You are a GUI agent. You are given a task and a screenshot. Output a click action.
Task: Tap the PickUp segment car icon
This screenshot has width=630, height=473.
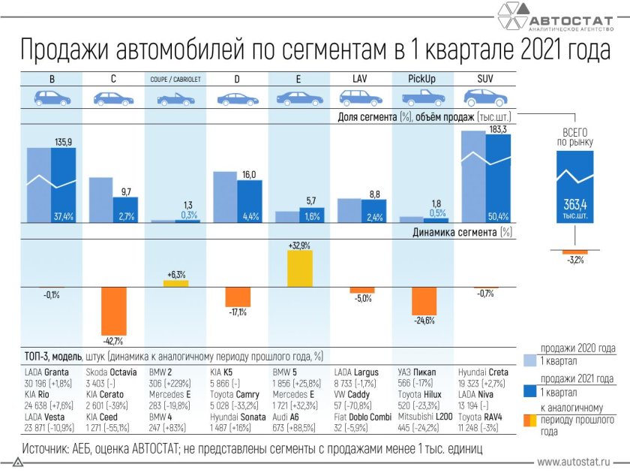click(x=421, y=98)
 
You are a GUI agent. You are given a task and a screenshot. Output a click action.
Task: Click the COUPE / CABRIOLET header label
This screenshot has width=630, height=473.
click(x=175, y=79)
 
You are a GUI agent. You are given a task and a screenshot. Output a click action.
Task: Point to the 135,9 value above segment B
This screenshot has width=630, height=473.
click(x=64, y=142)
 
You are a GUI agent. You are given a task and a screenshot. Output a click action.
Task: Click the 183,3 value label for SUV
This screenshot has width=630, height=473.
click(x=499, y=129)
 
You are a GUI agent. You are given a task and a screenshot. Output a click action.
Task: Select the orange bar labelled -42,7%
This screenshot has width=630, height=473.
click(x=114, y=311)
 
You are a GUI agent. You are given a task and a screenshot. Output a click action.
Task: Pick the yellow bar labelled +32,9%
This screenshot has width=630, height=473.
click(x=300, y=268)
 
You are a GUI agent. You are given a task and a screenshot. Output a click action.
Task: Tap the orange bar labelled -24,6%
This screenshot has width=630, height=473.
click(x=424, y=300)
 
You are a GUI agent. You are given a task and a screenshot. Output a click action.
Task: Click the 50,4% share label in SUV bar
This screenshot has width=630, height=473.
click(x=498, y=217)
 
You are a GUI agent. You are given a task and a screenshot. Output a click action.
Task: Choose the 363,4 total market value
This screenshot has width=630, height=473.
click(x=574, y=203)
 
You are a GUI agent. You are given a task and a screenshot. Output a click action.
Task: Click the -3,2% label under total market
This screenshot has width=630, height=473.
click(x=575, y=260)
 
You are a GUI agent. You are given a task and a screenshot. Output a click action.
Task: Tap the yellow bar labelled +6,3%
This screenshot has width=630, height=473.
click(x=176, y=283)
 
